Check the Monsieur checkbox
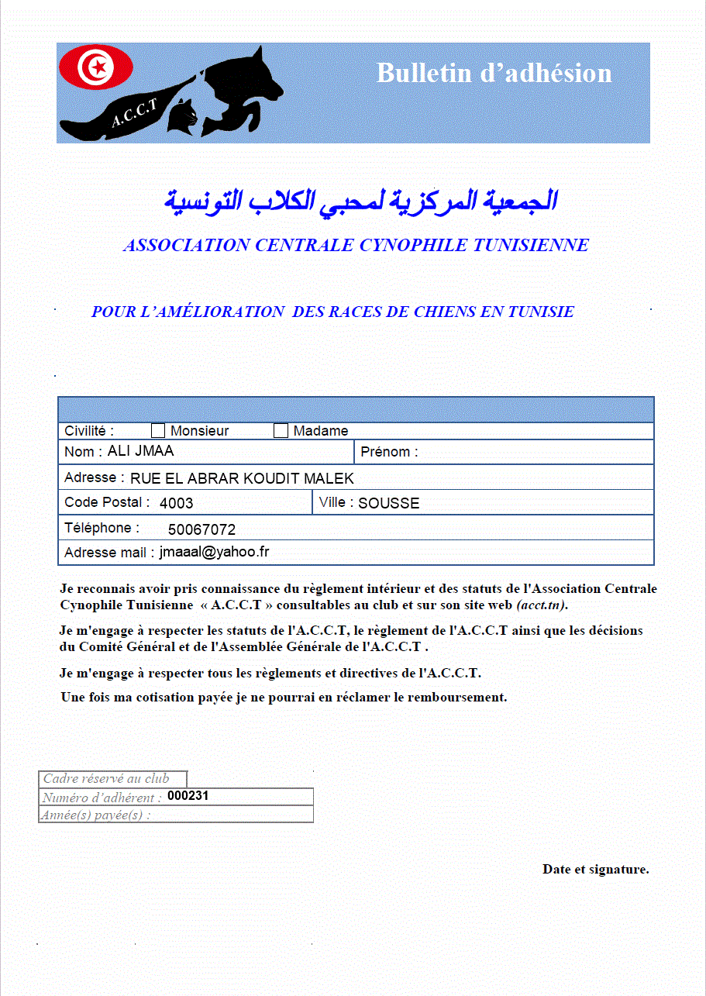pos(158,431)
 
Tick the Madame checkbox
pos(281,431)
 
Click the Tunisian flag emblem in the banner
pos(97,67)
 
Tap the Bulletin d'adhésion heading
pos(494,73)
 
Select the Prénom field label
pos(389,452)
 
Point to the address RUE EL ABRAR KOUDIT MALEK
pos(242,478)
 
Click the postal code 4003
pos(176,503)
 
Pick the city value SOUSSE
pos(388,503)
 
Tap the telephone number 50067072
pos(201,530)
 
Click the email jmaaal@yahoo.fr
pos(214,552)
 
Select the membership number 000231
pos(188,796)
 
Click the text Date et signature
pos(595,869)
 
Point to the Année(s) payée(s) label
pos(96,815)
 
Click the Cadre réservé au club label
pos(105,779)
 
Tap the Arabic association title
pos(360,201)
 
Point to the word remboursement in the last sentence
pos(449,697)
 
